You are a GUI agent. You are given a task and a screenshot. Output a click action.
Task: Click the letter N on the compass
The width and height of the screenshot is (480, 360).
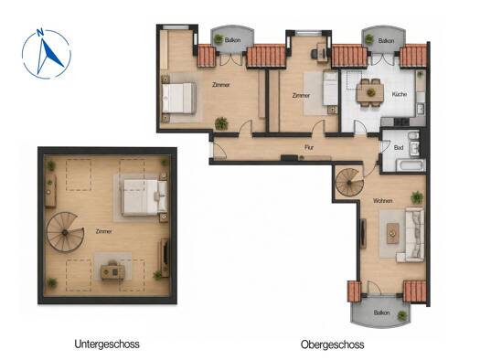pyautogui.click(x=39, y=32)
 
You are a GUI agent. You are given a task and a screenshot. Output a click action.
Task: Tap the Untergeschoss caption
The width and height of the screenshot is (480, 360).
pyautogui.click(x=107, y=344)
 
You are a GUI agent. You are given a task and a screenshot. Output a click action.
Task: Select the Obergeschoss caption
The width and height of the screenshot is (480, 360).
pyautogui.click(x=333, y=344)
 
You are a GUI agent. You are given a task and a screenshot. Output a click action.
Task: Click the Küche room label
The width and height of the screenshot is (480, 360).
pyautogui.click(x=400, y=94)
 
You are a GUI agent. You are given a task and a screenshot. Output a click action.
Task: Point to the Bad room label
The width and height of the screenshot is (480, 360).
pyautogui.click(x=399, y=148)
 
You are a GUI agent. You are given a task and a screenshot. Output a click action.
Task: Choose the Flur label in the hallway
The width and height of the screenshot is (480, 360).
pyautogui.click(x=309, y=147)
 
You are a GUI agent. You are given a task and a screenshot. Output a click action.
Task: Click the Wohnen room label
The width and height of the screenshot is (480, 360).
pyautogui.click(x=383, y=201)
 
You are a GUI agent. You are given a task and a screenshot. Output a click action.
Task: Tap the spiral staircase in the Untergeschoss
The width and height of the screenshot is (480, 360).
pyautogui.click(x=65, y=232)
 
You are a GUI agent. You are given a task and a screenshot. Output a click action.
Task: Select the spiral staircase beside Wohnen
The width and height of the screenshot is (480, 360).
pyautogui.click(x=349, y=183)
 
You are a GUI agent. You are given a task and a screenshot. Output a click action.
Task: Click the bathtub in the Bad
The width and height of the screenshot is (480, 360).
pyautogui.click(x=411, y=164)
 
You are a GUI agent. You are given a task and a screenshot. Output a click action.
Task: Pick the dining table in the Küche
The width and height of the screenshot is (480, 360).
pyautogui.click(x=370, y=92)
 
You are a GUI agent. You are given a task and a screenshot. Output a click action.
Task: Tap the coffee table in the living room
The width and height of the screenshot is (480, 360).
pyautogui.click(x=392, y=233)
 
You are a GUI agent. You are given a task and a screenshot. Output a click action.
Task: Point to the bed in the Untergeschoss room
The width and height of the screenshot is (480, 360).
pyautogui.click(x=144, y=197)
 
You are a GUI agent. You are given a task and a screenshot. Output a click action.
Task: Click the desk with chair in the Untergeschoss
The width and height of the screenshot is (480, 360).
pyautogui.click(x=112, y=270)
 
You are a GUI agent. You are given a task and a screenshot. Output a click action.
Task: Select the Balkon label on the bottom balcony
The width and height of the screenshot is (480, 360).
pyautogui.click(x=381, y=312)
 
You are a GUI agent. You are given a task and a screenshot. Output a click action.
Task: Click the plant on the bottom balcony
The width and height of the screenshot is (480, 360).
pyautogui.click(x=402, y=315)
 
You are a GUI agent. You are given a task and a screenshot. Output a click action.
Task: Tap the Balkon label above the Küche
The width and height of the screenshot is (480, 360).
pyautogui.click(x=386, y=41)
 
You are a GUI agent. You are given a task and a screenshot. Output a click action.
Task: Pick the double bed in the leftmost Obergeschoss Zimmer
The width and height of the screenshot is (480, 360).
pyautogui.click(x=179, y=98)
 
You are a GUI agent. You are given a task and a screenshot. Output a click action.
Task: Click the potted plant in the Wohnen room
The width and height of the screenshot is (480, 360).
pyautogui.click(x=417, y=197)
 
